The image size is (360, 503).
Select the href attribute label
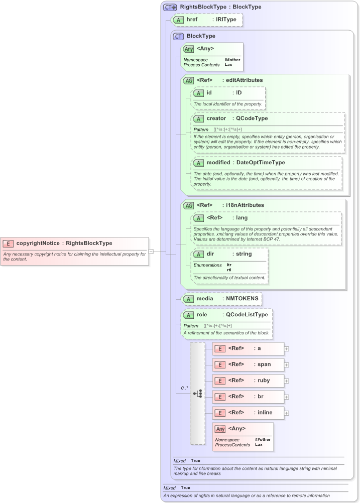tap(192, 20)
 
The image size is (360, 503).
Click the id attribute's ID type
tap(239, 93)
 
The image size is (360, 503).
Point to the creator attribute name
tap(216, 118)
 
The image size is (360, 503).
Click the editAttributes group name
tap(244, 80)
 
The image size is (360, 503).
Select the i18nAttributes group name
tap(245, 205)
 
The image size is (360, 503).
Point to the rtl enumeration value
tap(229, 270)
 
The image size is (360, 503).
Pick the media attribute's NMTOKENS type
tap(242, 298)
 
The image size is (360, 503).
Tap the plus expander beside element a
tap(287, 348)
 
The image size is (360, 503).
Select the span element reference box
tap(249, 364)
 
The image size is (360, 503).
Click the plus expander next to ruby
tap(287, 381)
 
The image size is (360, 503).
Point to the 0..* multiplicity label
tap(184, 388)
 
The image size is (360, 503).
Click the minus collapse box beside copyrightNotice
tap(151, 251)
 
